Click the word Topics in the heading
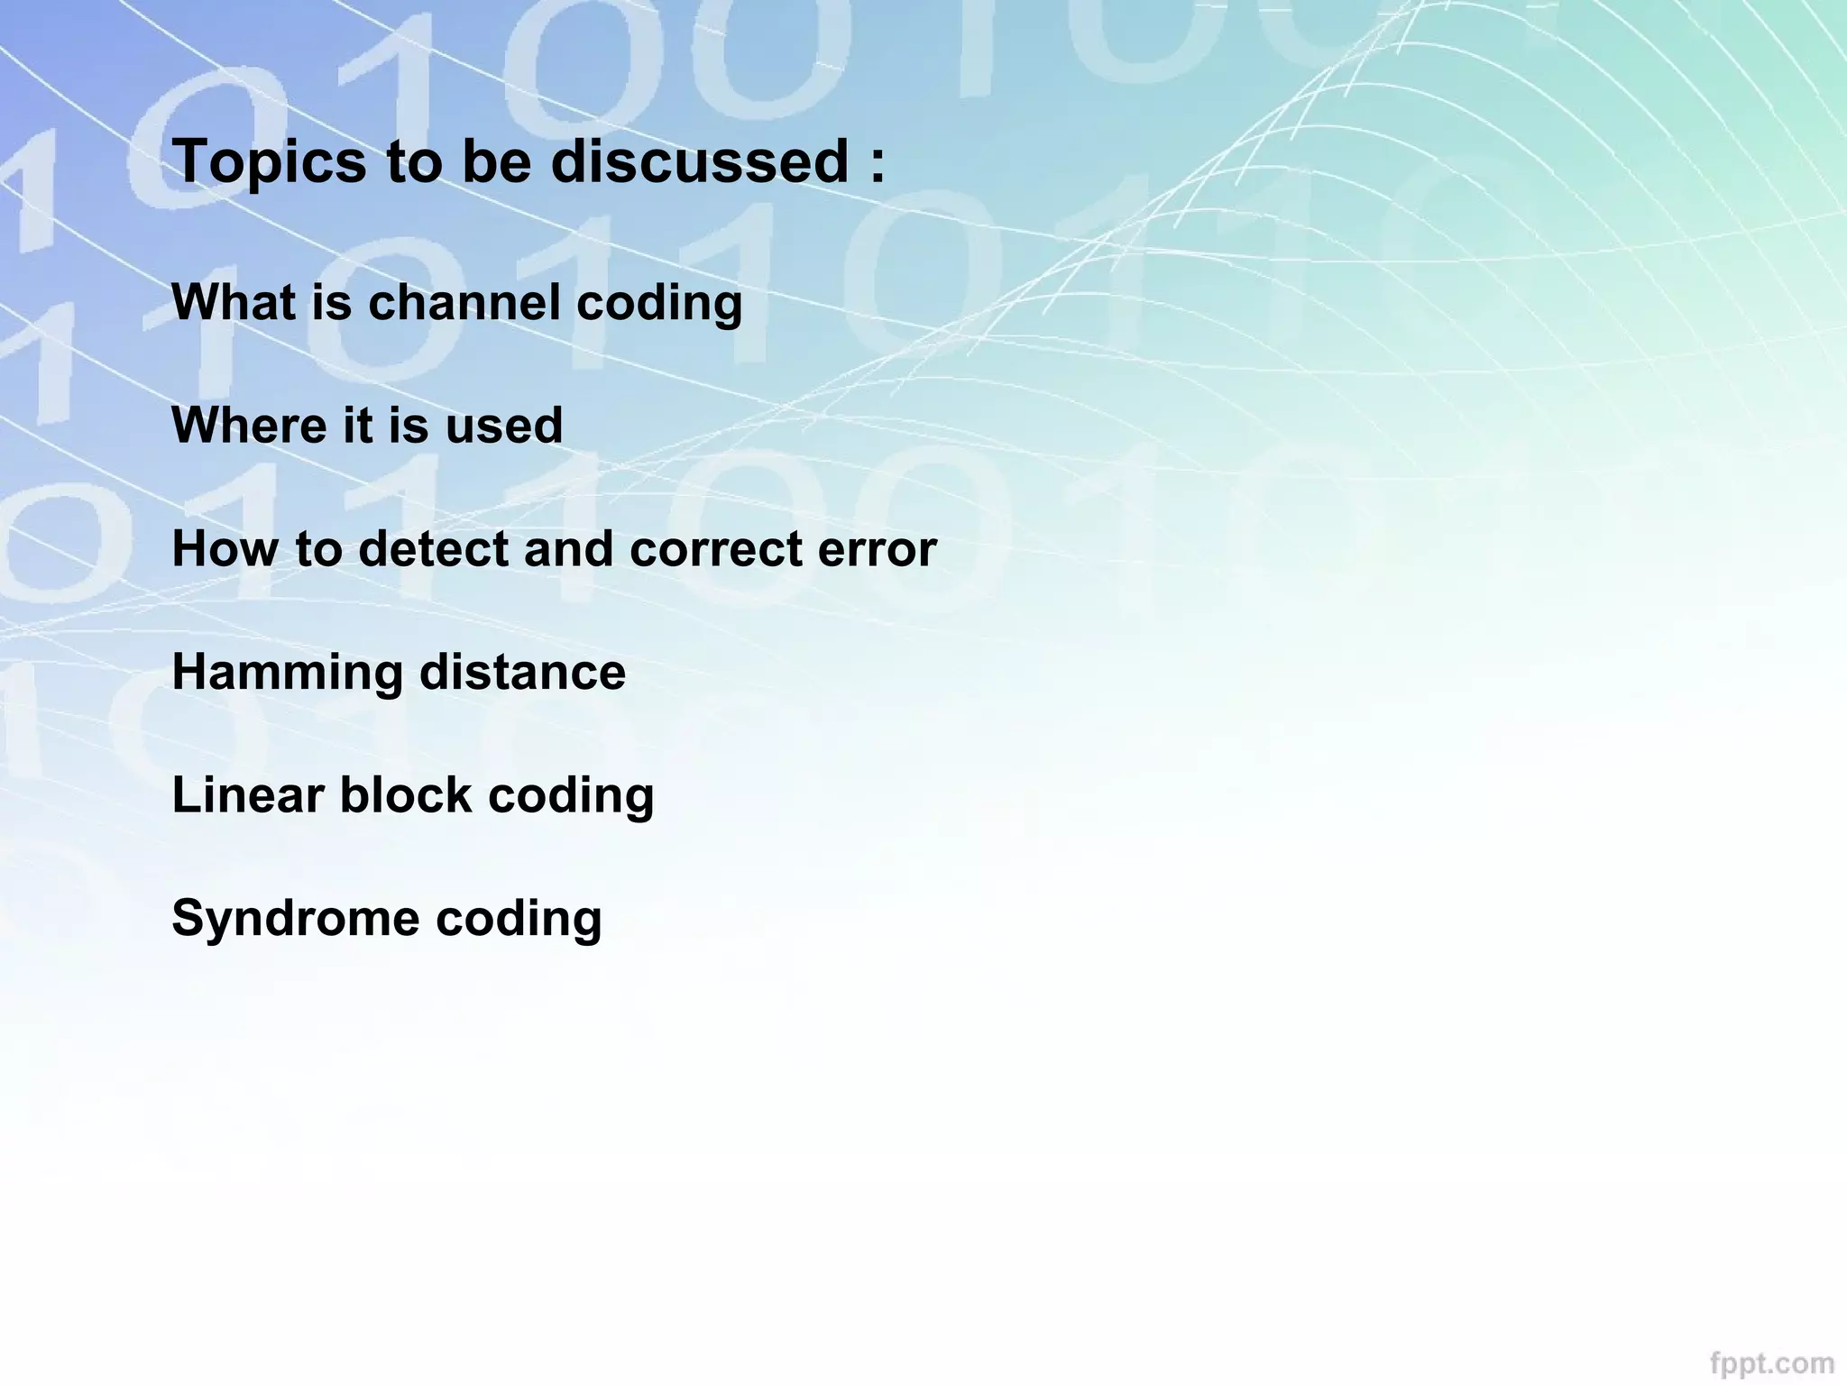coord(269,162)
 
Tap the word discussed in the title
coord(699,162)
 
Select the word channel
coord(464,302)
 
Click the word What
coord(234,302)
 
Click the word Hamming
coord(288,674)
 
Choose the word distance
coord(523,673)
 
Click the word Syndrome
coord(295,920)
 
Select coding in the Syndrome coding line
coord(519,920)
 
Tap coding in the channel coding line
coord(659,304)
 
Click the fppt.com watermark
coord(1771,1361)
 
